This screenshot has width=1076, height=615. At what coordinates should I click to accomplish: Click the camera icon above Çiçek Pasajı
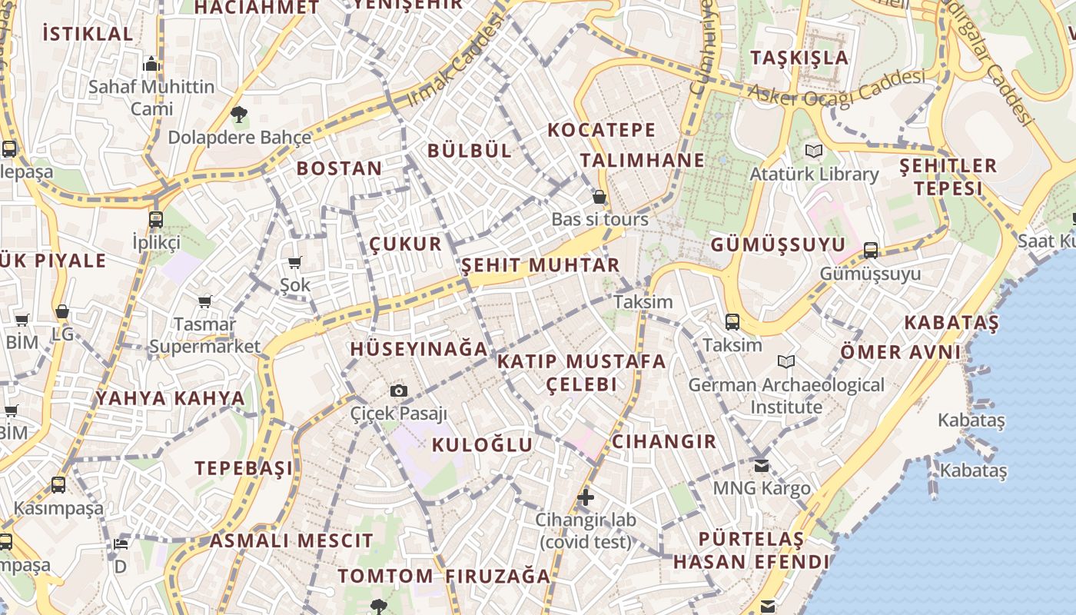(398, 391)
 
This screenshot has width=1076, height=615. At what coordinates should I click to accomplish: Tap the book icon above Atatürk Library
(813, 151)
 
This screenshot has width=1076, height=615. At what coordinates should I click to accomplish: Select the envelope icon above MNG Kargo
(762, 465)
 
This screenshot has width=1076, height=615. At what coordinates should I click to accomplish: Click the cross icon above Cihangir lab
(586, 497)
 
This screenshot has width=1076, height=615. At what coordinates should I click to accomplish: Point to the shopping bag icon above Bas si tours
(599, 197)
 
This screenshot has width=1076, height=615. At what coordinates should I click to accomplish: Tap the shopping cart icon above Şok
(295, 262)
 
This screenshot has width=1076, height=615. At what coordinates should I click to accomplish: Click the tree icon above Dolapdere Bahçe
(239, 115)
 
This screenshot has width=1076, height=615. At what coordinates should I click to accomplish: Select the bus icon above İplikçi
(156, 219)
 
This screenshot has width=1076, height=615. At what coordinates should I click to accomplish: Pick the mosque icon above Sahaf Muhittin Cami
(151, 63)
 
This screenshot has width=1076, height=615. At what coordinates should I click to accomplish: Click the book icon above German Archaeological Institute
(786, 361)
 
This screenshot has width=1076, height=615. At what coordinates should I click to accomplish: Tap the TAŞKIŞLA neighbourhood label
(799, 58)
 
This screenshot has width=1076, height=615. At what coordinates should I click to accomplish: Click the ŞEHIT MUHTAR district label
(540, 266)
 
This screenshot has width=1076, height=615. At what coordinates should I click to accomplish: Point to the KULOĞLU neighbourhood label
(482, 444)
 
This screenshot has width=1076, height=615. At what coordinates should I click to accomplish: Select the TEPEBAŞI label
(244, 468)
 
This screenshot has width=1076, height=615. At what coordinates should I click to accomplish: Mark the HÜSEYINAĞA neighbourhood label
(419, 349)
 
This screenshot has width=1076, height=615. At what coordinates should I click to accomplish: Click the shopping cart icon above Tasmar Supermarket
(204, 301)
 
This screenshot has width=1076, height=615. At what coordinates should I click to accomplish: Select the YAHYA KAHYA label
(171, 398)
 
